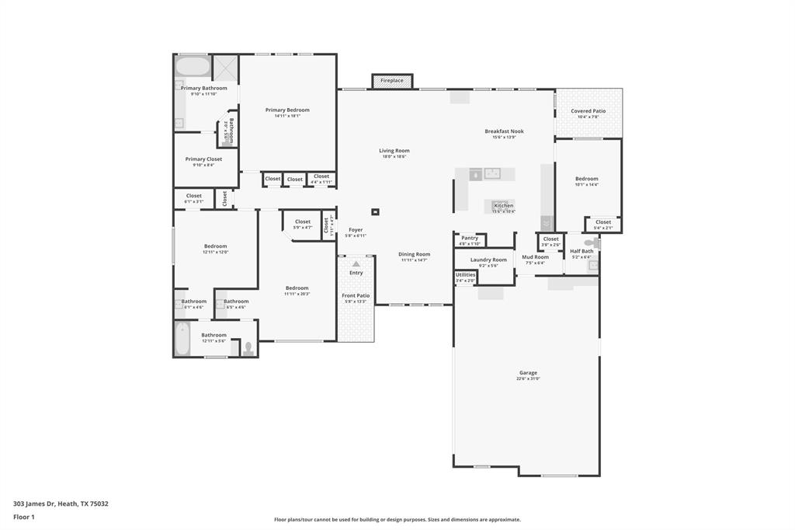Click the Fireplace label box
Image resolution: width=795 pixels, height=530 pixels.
(x=392, y=81)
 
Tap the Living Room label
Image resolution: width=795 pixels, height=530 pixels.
(x=394, y=151)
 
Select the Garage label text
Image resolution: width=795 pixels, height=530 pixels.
(x=528, y=373)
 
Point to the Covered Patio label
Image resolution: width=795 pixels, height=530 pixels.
(x=588, y=111)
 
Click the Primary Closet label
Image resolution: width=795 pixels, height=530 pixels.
(x=203, y=159)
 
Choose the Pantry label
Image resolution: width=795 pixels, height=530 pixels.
(x=470, y=238)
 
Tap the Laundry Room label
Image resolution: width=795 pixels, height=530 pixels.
(x=488, y=260)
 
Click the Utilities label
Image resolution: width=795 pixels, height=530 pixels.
(x=466, y=274)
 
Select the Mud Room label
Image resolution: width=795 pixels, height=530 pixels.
(x=535, y=257)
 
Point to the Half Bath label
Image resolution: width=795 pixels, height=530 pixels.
(x=581, y=251)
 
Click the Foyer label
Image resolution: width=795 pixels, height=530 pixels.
(x=356, y=230)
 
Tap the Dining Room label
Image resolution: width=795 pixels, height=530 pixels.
(x=415, y=254)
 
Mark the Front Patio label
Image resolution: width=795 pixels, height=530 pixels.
(x=356, y=295)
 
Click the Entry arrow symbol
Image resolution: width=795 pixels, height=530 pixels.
(x=356, y=264)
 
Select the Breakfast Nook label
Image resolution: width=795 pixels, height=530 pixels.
(x=505, y=131)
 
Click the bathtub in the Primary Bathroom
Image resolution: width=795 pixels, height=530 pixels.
(x=193, y=65)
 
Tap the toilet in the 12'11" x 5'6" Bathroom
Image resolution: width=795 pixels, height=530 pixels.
(x=248, y=348)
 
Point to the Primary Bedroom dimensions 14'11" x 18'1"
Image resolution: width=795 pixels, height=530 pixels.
(x=287, y=116)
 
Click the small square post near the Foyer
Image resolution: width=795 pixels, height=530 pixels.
(x=376, y=211)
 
